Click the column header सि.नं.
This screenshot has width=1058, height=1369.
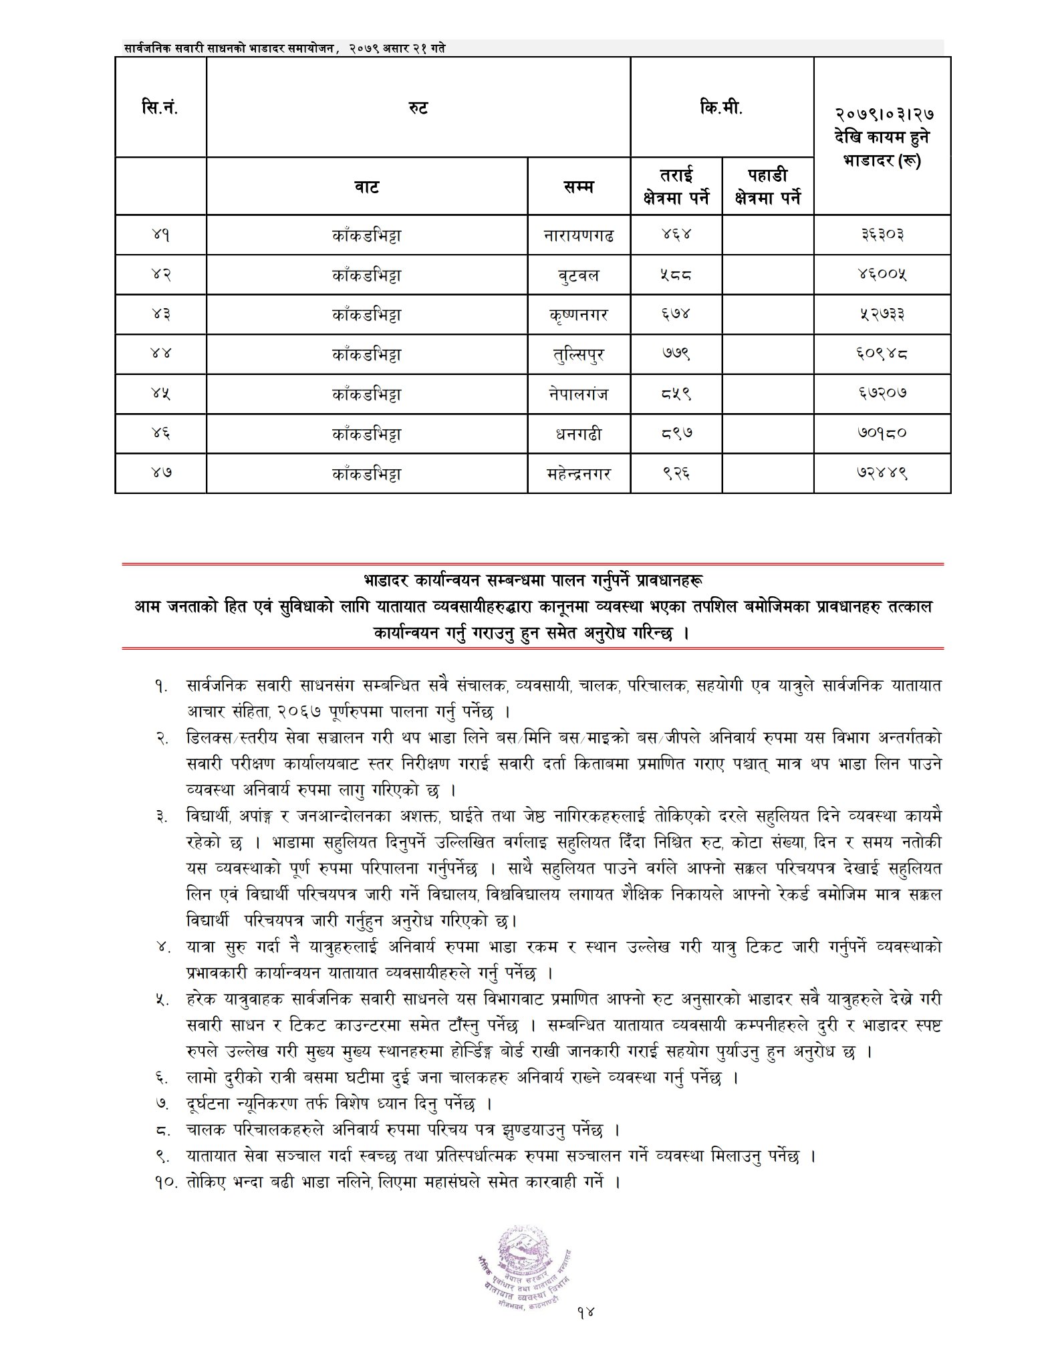[160, 107]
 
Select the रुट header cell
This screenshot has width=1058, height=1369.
[418, 107]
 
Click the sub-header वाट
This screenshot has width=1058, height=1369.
[367, 186]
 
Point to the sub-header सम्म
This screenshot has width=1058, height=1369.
[579, 186]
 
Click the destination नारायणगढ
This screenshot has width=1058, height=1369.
[579, 235]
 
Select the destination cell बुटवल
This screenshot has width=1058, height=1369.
[579, 275]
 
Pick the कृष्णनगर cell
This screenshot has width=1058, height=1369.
[579, 314]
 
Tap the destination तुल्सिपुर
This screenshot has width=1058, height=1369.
[579, 354]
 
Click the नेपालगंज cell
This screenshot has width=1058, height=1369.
[579, 394]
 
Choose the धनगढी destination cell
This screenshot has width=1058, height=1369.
[579, 434]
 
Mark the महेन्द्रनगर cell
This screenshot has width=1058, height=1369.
[579, 474]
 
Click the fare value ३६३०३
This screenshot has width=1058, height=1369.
[882, 235]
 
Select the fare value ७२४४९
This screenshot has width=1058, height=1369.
[882, 474]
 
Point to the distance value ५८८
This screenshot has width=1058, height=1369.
[676, 275]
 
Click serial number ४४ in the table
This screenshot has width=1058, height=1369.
[160, 354]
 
